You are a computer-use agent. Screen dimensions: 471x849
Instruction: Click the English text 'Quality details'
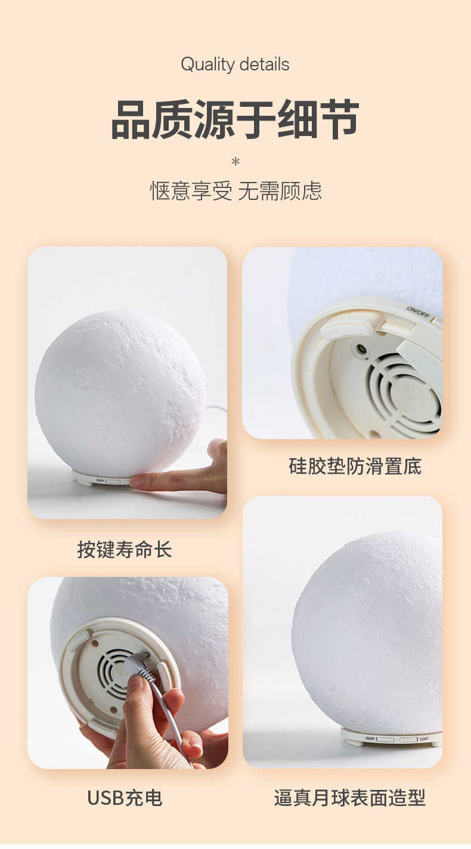click(235, 64)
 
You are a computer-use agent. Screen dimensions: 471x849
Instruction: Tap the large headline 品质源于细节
click(235, 119)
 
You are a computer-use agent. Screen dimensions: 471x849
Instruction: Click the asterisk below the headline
click(235, 162)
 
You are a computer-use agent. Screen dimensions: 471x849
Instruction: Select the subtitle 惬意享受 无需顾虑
click(236, 191)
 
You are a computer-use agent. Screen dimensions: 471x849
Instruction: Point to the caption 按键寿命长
click(125, 549)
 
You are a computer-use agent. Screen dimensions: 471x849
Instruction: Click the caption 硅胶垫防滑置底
click(355, 466)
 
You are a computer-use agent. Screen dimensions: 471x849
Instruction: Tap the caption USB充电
click(125, 798)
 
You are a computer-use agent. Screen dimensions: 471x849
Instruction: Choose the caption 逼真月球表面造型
click(349, 798)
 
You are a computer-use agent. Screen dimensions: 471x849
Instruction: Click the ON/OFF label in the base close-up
click(418, 311)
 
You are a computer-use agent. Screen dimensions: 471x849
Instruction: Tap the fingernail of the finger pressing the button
click(137, 482)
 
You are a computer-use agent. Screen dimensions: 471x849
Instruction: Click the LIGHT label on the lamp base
click(424, 739)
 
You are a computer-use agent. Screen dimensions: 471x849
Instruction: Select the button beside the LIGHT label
click(408, 739)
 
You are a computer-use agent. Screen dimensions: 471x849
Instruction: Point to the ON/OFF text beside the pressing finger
click(100, 481)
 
